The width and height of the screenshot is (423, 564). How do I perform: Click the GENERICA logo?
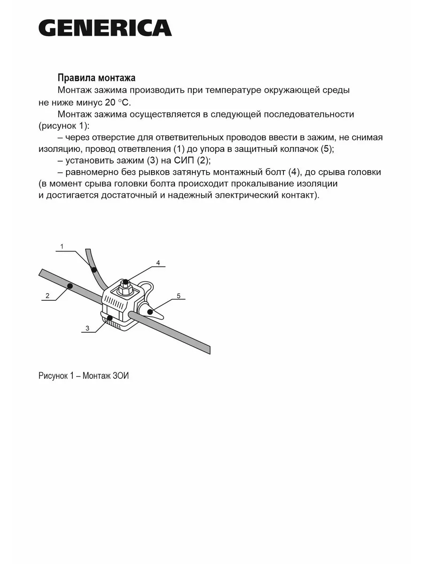(105, 28)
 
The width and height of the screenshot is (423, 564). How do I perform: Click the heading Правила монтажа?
(96, 78)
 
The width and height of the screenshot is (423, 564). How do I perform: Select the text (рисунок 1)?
(64, 126)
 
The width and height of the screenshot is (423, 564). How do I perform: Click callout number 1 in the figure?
(62, 246)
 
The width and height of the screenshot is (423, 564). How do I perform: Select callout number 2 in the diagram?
(47, 296)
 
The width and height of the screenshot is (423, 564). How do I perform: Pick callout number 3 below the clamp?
(87, 328)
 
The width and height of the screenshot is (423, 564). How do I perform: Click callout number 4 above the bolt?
(158, 263)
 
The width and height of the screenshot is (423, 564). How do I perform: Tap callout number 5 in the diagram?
(179, 296)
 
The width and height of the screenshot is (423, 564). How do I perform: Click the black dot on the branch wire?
(94, 270)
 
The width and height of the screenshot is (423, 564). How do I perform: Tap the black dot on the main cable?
(70, 286)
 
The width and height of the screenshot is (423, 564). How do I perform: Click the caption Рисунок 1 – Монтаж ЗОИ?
(84, 376)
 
